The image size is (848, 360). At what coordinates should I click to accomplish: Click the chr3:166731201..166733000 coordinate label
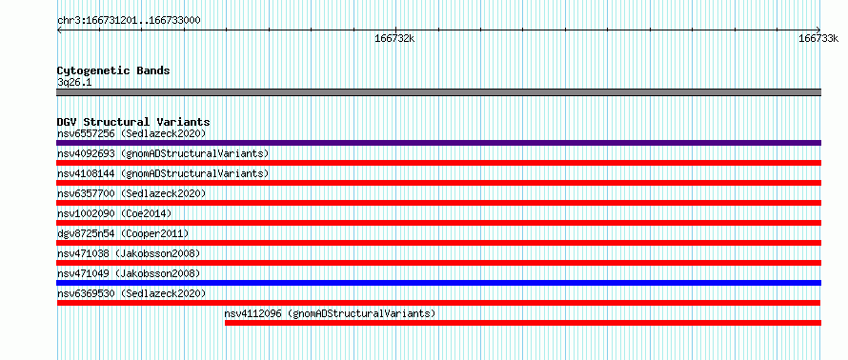(x=129, y=21)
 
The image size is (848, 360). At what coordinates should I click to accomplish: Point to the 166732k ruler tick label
(x=394, y=38)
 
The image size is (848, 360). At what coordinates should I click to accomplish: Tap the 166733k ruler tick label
(x=818, y=38)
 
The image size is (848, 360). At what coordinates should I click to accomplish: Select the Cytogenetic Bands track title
(x=113, y=70)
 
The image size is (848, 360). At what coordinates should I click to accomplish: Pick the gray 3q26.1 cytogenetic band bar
(x=438, y=92)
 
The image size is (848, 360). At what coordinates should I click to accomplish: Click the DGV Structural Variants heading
(x=133, y=122)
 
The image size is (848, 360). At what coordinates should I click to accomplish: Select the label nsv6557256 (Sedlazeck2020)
(x=131, y=133)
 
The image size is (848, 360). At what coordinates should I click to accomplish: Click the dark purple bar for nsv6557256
(x=438, y=143)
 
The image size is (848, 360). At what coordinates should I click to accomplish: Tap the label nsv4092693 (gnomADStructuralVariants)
(x=163, y=153)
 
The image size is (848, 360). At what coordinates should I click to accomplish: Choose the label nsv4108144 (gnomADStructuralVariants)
(x=163, y=173)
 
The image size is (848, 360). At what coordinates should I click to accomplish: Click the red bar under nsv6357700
(x=438, y=203)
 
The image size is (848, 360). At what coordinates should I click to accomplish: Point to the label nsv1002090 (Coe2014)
(x=114, y=213)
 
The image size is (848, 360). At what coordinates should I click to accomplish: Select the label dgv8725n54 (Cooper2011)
(x=123, y=233)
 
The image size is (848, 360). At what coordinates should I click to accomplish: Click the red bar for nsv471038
(x=438, y=263)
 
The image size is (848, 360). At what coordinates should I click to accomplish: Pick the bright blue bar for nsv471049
(x=438, y=283)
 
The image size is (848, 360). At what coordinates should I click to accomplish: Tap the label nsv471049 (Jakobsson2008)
(x=129, y=273)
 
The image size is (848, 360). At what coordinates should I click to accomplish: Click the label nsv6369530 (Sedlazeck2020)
(x=131, y=293)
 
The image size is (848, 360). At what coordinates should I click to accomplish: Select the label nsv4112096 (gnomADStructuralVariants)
(x=330, y=313)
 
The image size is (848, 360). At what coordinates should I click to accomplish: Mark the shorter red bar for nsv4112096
(x=523, y=323)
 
